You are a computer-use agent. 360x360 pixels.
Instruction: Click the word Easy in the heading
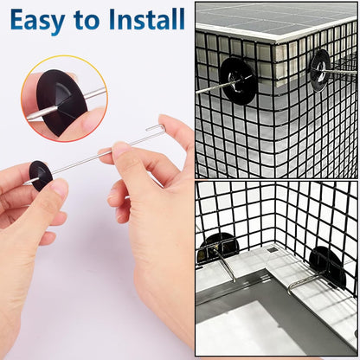point(37,21)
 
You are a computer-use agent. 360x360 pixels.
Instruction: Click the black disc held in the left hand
point(41,176)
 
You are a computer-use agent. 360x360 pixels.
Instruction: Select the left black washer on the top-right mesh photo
point(237,80)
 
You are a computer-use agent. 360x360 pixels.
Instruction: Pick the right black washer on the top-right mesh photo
point(321,70)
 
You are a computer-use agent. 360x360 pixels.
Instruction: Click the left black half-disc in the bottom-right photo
point(219,245)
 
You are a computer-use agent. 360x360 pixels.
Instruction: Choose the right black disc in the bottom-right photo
point(326,267)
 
